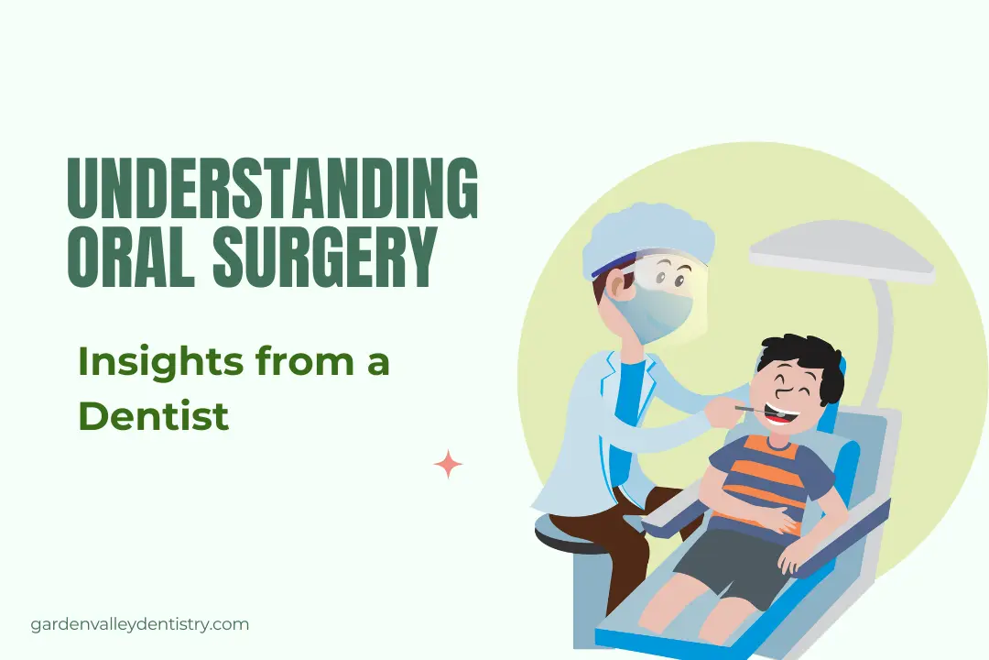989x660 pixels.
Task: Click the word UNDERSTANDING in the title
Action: click(273, 189)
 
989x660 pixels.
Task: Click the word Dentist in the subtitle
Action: click(153, 416)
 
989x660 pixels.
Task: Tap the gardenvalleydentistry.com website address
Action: click(140, 624)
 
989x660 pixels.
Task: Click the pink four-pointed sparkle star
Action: click(448, 465)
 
